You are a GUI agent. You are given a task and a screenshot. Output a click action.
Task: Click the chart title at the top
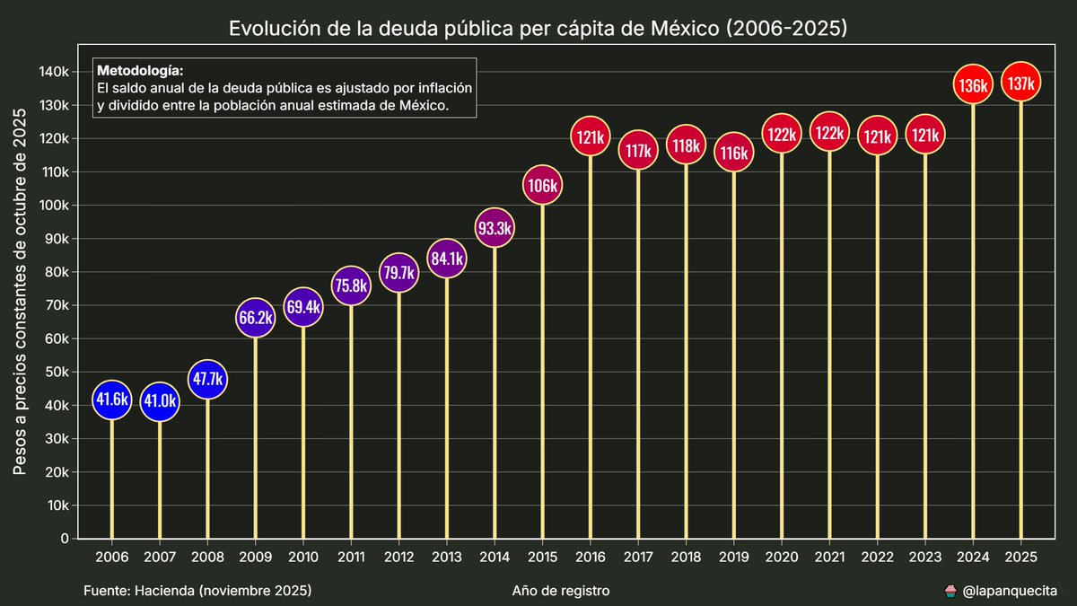[538, 29]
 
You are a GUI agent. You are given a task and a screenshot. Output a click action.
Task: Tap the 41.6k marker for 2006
[112, 400]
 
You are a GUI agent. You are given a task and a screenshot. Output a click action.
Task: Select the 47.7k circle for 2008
[207, 379]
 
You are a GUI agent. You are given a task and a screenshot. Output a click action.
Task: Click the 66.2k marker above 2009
[255, 318]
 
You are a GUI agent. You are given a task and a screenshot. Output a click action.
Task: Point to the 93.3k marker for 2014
[495, 228]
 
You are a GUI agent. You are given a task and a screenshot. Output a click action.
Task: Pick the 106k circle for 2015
[542, 187]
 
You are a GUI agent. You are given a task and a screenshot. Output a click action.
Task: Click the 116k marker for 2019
[733, 154]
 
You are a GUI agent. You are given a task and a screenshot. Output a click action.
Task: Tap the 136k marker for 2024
[973, 86]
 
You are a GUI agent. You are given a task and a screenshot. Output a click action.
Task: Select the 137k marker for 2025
[1020, 83]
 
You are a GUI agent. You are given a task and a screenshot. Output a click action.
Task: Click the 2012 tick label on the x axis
[398, 557]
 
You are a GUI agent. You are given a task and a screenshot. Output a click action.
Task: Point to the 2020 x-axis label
[782, 557]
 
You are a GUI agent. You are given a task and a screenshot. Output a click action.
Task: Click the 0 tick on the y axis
[65, 539]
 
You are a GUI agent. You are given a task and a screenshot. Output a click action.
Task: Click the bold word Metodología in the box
[139, 70]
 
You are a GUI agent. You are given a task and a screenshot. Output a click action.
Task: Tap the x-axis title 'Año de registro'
[561, 591]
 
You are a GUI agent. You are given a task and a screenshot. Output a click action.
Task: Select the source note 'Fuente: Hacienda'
[197, 591]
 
